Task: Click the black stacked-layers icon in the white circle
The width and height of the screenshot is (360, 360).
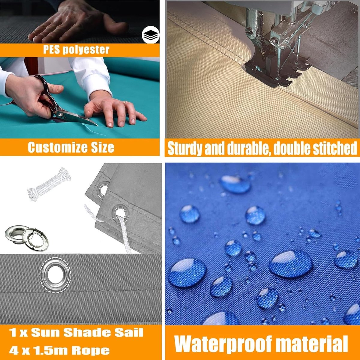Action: [x=151, y=35]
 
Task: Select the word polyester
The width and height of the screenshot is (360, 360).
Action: [x=86, y=50]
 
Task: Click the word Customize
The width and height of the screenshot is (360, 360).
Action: [x=58, y=147]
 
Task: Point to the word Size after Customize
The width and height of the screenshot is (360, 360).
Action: [x=103, y=147]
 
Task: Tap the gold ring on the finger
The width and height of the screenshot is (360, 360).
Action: [x=125, y=102]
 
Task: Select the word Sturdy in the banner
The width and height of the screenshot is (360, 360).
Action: [x=185, y=148]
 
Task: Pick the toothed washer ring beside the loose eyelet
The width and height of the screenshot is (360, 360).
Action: [x=35, y=239]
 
